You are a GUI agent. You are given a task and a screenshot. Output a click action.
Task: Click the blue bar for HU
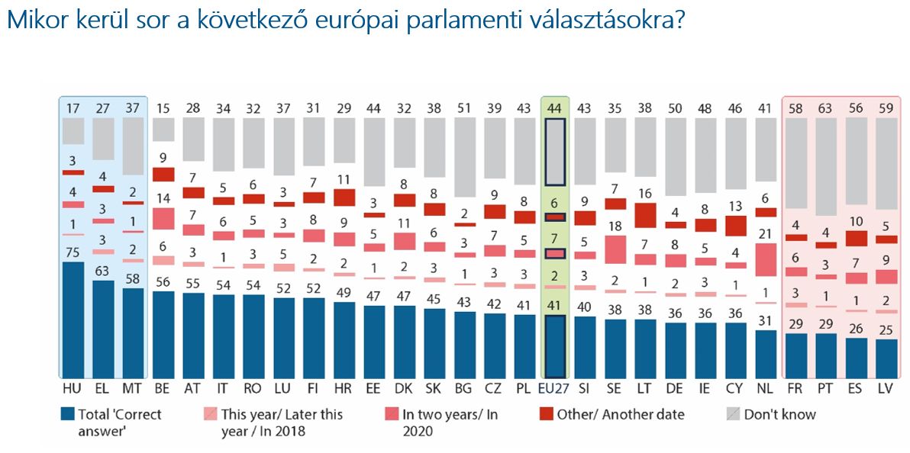73,320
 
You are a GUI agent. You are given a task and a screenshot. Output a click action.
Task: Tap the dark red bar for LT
645,215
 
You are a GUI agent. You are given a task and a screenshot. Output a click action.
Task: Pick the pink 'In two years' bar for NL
766,260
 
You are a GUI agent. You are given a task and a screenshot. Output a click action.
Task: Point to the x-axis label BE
163,389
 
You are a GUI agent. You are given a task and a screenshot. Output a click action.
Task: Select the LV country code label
886,389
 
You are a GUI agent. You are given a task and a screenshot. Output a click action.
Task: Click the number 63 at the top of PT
826,108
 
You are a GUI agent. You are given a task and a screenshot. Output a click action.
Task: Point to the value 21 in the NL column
766,234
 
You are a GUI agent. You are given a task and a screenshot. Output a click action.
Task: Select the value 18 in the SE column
615,226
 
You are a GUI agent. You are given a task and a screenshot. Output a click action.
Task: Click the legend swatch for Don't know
733,413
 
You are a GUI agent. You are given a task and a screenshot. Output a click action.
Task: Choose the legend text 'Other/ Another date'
621,414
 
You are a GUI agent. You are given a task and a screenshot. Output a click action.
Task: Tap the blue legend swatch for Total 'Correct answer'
66,413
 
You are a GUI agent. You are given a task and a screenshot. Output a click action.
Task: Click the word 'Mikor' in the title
34,21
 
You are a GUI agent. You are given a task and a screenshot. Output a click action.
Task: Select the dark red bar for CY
735,226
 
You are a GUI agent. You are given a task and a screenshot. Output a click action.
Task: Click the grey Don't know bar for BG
463,157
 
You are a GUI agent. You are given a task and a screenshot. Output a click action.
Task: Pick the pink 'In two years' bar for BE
163,219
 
